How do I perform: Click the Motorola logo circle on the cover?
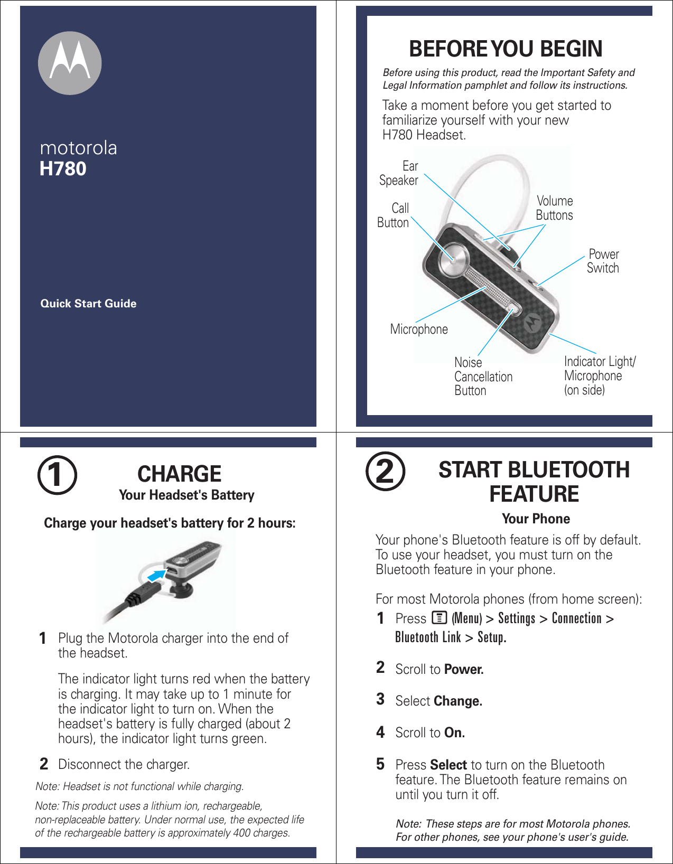[x=70, y=63]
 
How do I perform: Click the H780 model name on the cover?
[x=63, y=169]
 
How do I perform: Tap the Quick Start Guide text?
[x=88, y=304]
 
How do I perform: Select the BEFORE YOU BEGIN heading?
[x=506, y=49]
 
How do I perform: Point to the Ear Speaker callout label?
[x=399, y=173]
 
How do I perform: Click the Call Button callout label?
[x=394, y=215]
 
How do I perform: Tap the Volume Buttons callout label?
[x=554, y=208]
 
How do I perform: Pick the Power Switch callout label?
[x=603, y=261]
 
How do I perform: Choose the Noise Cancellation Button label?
[x=483, y=377]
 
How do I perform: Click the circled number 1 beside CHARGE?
[x=57, y=475]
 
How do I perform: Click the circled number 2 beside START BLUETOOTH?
[x=386, y=472]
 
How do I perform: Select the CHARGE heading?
[x=179, y=474]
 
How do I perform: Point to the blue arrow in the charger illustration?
[x=156, y=575]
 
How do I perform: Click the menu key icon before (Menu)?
[x=439, y=617]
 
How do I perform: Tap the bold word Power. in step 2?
[x=464, y=670]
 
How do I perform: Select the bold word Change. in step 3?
[x=457, y=701]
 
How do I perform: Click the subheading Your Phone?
[x=536, y=519]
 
